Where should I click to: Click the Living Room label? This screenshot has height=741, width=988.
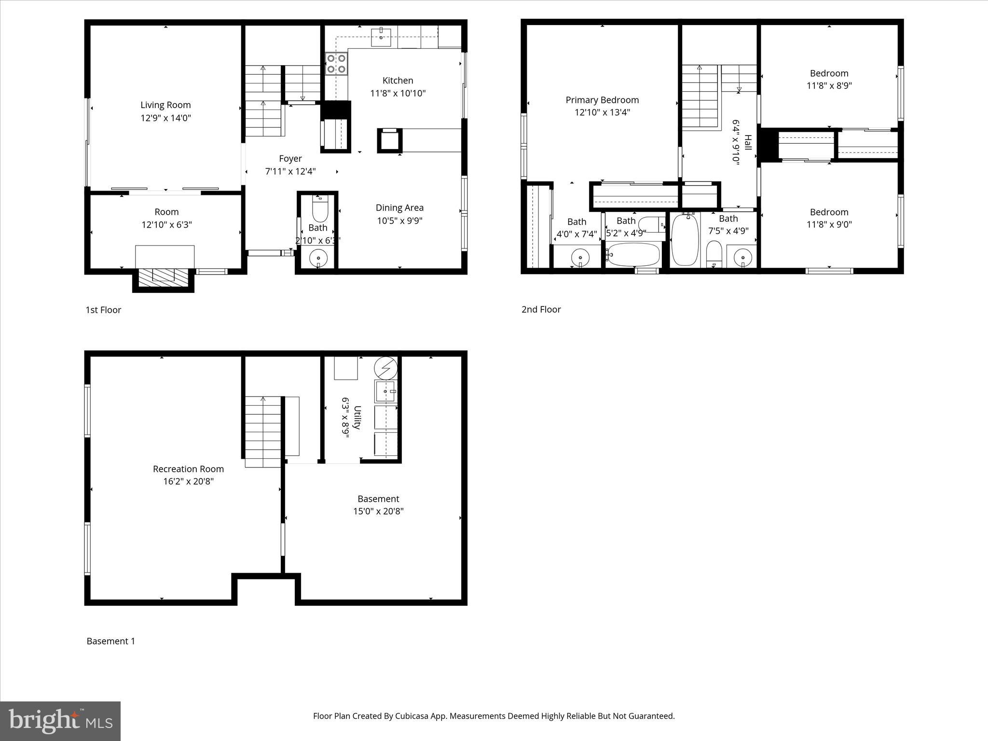[165, 105]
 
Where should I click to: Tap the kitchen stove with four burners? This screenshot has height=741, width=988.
[336, 64]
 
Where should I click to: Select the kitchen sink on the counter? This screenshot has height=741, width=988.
[381, 37]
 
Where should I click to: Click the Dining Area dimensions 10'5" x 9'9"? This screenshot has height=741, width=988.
[399, 220]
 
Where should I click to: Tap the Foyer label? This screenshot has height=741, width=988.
[290, 159]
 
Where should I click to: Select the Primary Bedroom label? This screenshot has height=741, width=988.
[602, 100]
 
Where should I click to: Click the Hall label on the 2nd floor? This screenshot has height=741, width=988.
[747, 143]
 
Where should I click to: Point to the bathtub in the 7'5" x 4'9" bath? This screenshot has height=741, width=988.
[685, 240]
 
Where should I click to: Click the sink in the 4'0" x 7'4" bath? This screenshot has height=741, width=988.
[580, 258]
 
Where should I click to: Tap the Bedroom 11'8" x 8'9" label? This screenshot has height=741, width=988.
[829, 73]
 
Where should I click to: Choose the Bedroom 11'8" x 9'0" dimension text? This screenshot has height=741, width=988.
[829, 224]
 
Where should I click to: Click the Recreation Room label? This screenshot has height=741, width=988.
[188, 469]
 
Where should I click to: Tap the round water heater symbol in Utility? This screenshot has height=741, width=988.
[385, 368]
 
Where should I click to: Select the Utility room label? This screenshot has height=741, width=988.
[357, 417]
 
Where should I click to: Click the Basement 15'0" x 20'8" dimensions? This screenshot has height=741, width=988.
[378, 511]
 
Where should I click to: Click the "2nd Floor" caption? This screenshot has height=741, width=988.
[541, 310]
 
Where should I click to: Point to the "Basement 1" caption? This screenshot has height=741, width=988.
[110, 641]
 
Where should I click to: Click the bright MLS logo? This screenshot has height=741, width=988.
[60, 721]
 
